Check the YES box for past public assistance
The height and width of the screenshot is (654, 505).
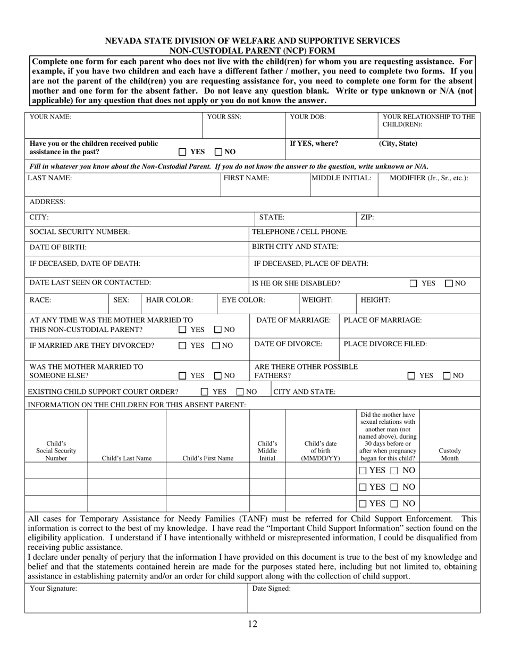tap(182, 152)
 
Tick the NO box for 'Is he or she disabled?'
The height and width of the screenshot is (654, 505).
tap(449, 283)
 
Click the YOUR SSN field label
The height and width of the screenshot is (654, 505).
tap(224, 116)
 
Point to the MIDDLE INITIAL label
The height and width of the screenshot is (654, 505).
tap(341, 178)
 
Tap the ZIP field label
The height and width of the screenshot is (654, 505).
tap(367, 217)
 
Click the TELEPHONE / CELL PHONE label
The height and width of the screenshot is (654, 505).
tap(300, 232)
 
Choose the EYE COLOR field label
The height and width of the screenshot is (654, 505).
tap(243, 300)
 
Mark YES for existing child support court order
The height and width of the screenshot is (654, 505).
tap(204, 392)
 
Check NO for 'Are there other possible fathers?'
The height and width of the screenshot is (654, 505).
tap(448, 376)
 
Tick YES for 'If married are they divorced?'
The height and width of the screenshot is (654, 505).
tap(182, 346)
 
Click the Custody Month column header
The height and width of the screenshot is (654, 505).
tap(450, 454)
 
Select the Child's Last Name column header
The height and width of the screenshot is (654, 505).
tap(127, 458)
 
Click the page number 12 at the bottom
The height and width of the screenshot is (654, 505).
tap(252, 624)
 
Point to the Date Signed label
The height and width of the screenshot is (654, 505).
tap(271, 589)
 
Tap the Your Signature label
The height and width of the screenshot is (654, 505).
tap(53, 589)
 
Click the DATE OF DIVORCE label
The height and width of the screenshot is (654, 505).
tap(288, 344)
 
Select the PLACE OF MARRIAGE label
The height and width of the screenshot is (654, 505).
tap(383, 320)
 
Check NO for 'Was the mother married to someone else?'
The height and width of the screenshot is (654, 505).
tap(218, 376)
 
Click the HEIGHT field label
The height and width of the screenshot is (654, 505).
tap(375, 300)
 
